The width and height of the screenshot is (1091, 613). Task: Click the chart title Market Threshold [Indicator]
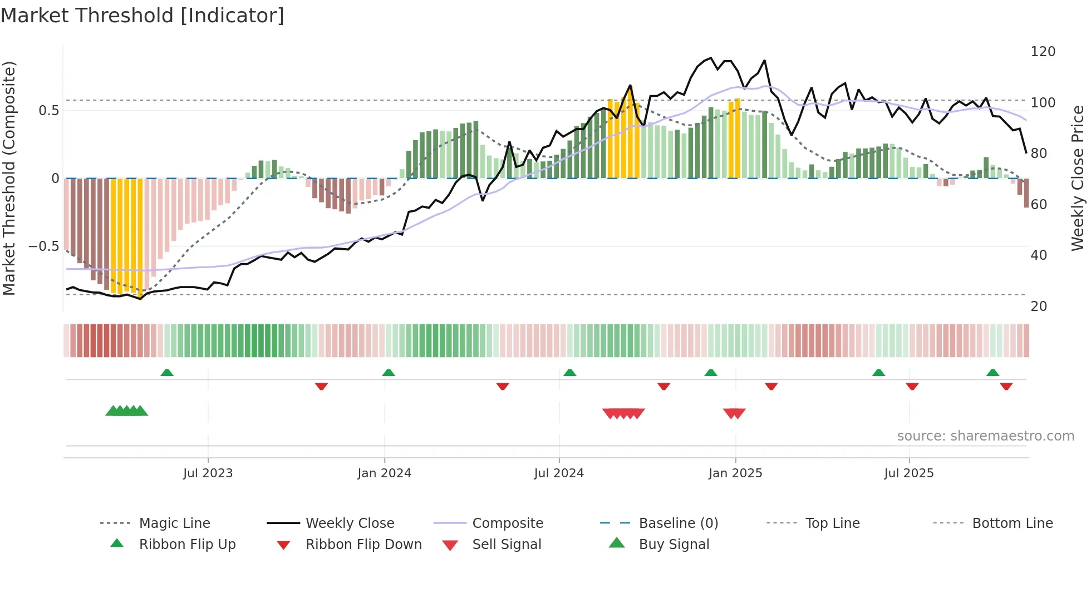click(142, 16)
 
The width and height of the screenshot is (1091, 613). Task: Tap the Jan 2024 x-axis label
click(384, 473)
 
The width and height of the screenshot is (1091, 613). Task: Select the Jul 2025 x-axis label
click(908, 473)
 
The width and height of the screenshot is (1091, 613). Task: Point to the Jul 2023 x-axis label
click(208, 473)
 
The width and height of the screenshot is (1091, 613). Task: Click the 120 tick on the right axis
click(1043, 52)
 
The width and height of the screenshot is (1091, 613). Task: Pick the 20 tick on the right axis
click(1039, 306)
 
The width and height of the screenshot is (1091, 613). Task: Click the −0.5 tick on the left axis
click(44, 246)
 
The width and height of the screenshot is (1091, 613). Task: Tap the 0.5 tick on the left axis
click(48, 111)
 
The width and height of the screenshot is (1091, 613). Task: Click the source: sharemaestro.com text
click(985, 436)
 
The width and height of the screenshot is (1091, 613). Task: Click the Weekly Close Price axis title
click(1078, 178)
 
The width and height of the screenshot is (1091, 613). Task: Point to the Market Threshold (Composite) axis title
click(9, 178)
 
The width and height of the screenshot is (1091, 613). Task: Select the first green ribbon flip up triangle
click(167, 373)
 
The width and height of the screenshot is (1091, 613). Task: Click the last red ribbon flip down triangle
click(1006, 386)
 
